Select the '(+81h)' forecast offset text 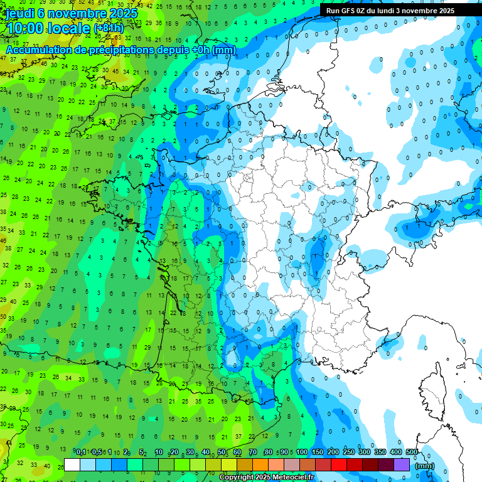109,29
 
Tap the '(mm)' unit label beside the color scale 425,466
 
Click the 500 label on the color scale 412,452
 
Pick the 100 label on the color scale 301,452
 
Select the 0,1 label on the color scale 80,452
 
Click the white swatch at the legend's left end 72,465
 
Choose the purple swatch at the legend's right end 402,465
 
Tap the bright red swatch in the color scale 339,465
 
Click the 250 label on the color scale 348,452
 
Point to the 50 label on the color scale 222,452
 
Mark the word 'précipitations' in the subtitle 124,50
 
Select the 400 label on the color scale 396,452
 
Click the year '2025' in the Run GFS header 446,11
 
